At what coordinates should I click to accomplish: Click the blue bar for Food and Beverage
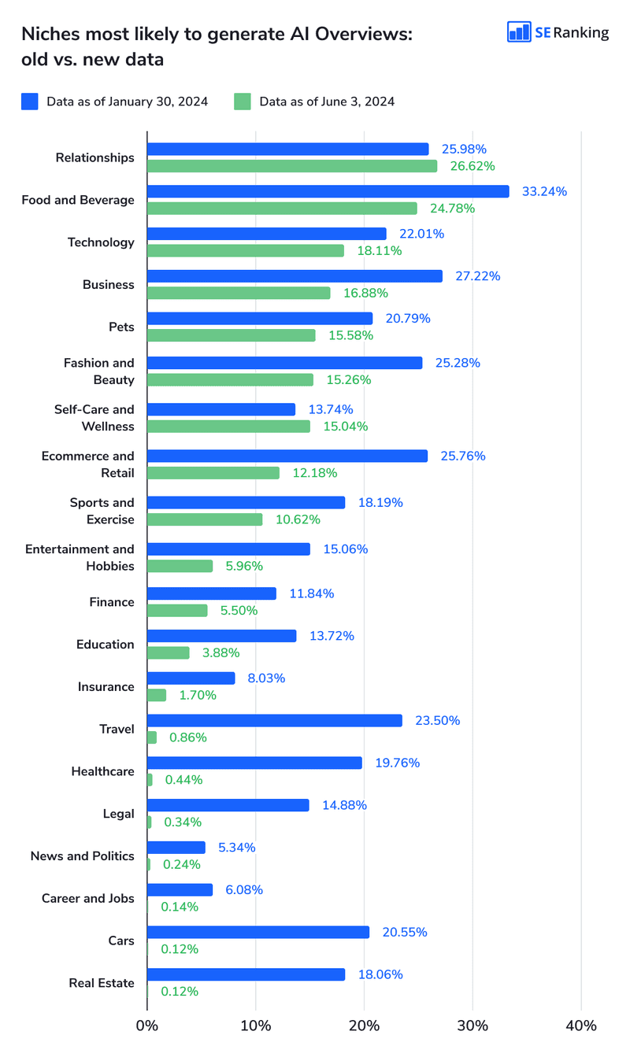coord(328,191)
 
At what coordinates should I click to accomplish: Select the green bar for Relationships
coord(292,166)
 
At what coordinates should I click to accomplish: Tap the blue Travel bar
coord(275,720)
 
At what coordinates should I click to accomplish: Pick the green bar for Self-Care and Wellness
coord(228,427)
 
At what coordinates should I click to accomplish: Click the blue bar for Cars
coord(258,932)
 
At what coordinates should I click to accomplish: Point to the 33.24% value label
coord(544,191)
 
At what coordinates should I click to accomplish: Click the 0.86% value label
coord(187,737)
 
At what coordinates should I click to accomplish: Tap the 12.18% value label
coord(315,473)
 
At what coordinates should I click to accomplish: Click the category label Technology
coord(101,242)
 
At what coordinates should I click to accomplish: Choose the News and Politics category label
coord(83,856)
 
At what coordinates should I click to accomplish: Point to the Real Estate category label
coord(102,983)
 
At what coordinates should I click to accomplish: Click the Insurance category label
coord(106,687)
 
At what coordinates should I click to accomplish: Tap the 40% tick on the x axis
coord(581,1026)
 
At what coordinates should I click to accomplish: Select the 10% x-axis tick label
coord(256,1026)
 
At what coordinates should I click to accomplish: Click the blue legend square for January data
coord(30,102)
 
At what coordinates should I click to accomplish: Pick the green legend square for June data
coord(243,102)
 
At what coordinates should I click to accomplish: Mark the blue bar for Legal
coord(228,805)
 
